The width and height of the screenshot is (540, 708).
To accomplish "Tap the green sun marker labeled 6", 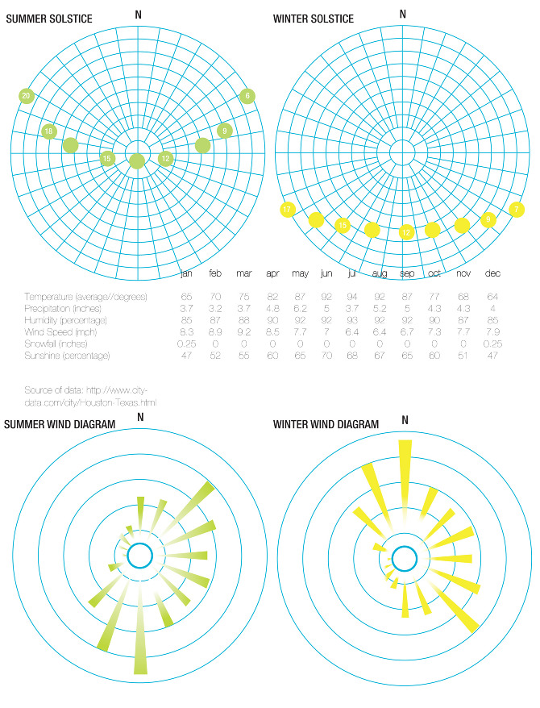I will (247, 96).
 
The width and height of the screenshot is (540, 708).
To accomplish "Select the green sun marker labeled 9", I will (225, 131).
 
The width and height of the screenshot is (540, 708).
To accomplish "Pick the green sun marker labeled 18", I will (49, 132).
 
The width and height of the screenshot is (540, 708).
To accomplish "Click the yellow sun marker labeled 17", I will (287, 210).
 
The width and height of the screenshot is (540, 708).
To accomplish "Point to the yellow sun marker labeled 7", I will (517, 210).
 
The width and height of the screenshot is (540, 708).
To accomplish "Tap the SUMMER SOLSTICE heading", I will (49, 19).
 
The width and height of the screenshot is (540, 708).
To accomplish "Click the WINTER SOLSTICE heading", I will (314, 19).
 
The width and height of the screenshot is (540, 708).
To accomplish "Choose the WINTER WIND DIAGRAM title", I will (326, 424).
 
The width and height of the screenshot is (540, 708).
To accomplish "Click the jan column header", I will (186, 274).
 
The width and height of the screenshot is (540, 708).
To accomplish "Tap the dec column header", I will (492, 274).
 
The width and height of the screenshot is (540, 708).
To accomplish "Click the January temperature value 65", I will (186, 297).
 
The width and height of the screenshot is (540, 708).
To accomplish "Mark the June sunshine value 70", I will (326, 355).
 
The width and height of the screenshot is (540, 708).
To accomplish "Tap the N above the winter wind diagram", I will (405, 420).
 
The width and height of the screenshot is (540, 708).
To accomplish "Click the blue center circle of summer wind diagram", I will (140, 556).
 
